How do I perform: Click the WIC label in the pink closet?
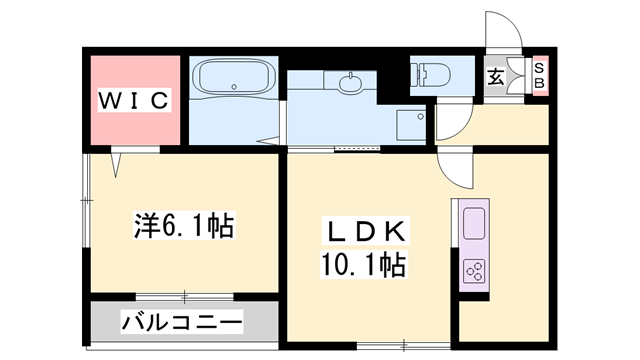pyautogui.click(x=135, y=100)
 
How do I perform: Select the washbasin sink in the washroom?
pyautogui.click(x=351, y=84)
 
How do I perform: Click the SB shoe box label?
pyautogui.click(x=538, y=75)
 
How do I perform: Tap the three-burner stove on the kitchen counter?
pyautogui.click(x=473, y=268)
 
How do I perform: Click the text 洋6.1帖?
pyautogui.click(x=184, y=226)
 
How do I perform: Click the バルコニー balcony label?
pyautogui.click(x=181, y=323)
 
